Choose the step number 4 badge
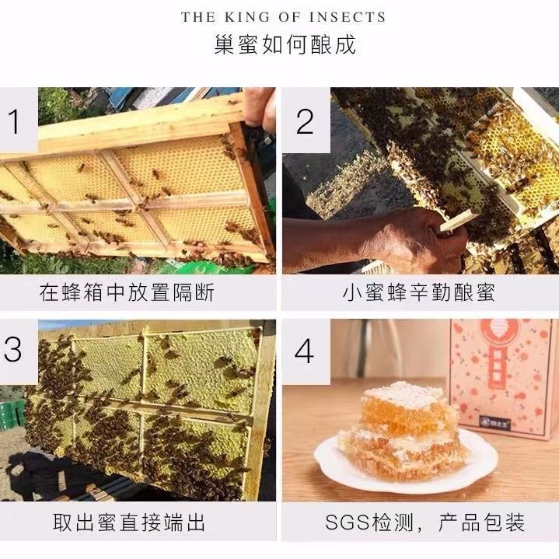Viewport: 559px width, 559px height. [x=304, y=351]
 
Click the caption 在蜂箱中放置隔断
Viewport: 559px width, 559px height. [x=128, y=292]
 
